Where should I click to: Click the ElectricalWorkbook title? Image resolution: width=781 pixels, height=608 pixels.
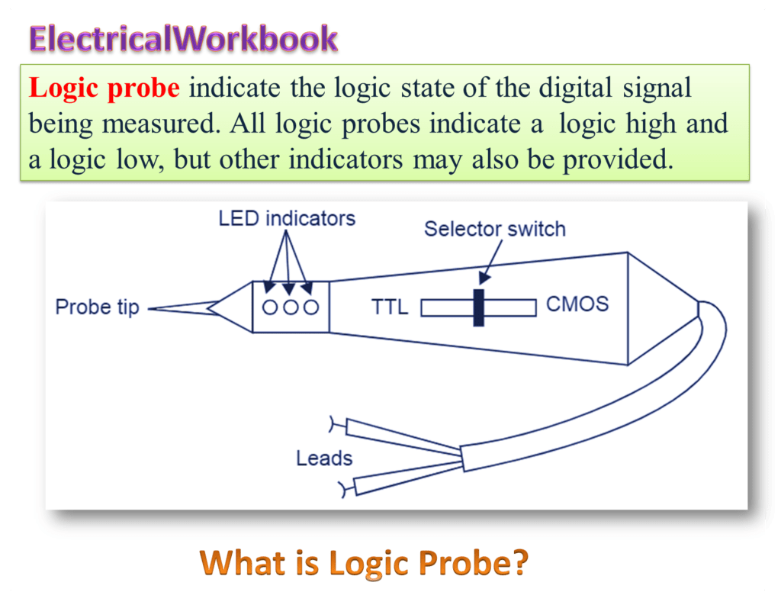pyautogui.click(x=183, y=38)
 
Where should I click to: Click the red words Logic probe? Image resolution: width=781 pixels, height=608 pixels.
pyautogui.click(x=104, y=88)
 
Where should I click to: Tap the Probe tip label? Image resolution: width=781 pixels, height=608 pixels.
pyautogui.click(x=97, y=307)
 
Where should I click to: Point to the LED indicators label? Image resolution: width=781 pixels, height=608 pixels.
pyautogui.click(x=287, y=218)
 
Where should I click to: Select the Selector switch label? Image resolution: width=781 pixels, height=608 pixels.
pyautogui.click(x=494, y=229)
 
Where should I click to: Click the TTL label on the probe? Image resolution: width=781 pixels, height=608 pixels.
pyautogui.click(x=390, y=307)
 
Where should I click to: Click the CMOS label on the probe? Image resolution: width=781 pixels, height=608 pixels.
pyautogui.click(x=577, y=304)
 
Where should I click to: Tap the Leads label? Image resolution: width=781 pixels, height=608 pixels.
pyautogui.click(x=324, y=458)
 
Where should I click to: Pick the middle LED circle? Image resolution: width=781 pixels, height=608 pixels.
pyautogui.click(x=290, y=307)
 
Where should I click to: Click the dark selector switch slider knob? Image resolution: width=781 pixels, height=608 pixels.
pyautogui.click(x=478, y=307)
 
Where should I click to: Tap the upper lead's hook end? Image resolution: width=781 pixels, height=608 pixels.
pyautogui.click(x=333, y=422)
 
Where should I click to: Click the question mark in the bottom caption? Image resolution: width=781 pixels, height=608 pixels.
pyautogui.click(x=518, y=564)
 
